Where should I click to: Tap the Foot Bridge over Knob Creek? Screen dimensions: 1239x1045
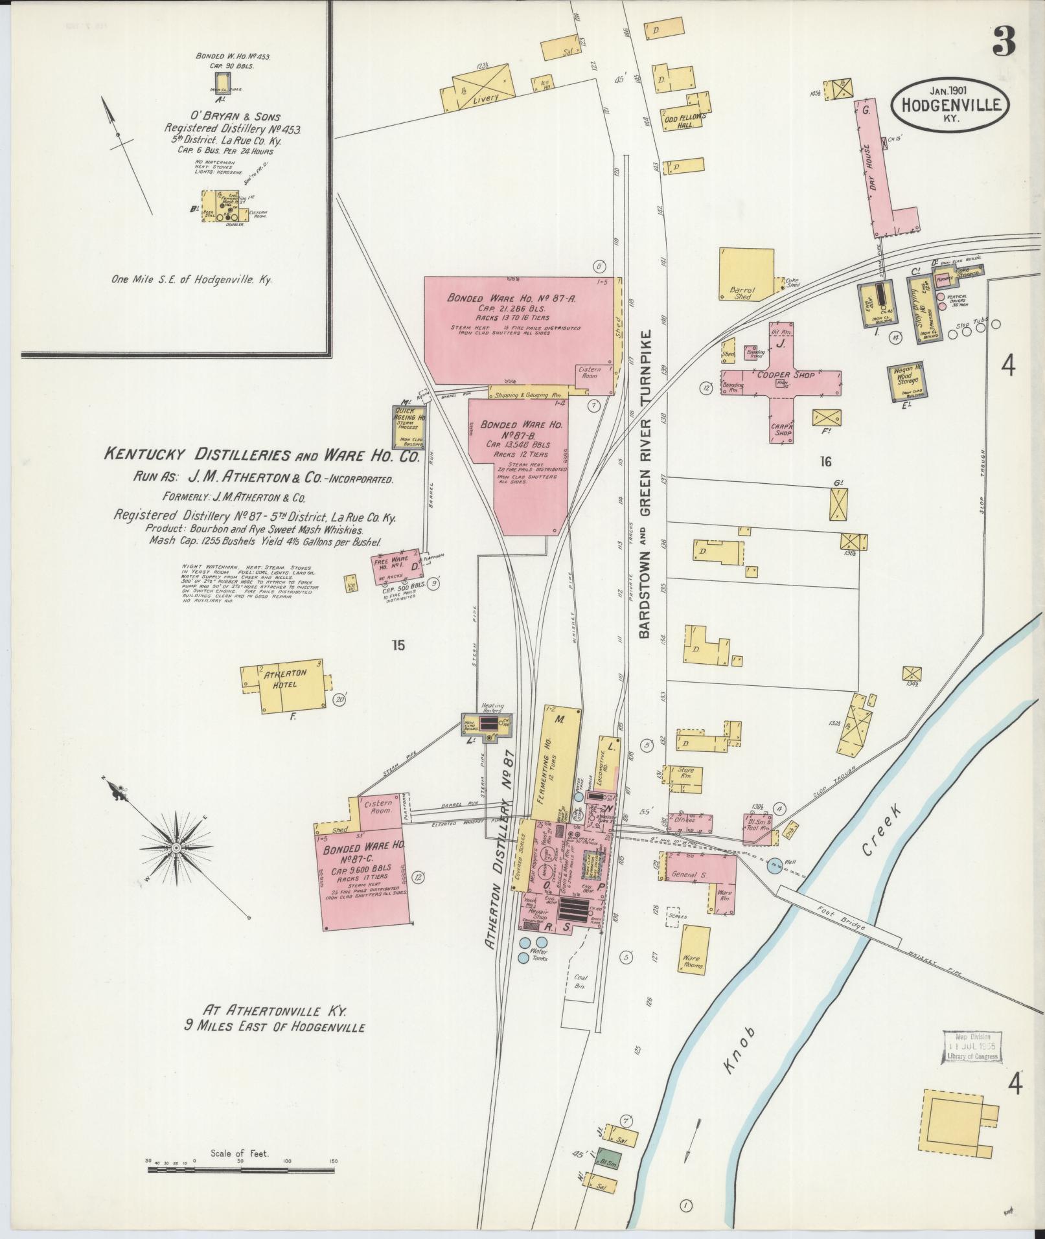pos(840,914)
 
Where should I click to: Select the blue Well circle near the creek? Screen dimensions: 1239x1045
pos(774,865)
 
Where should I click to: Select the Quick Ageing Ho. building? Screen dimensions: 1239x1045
pos(411,427)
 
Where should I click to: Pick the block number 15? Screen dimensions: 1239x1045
pos(398,644)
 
